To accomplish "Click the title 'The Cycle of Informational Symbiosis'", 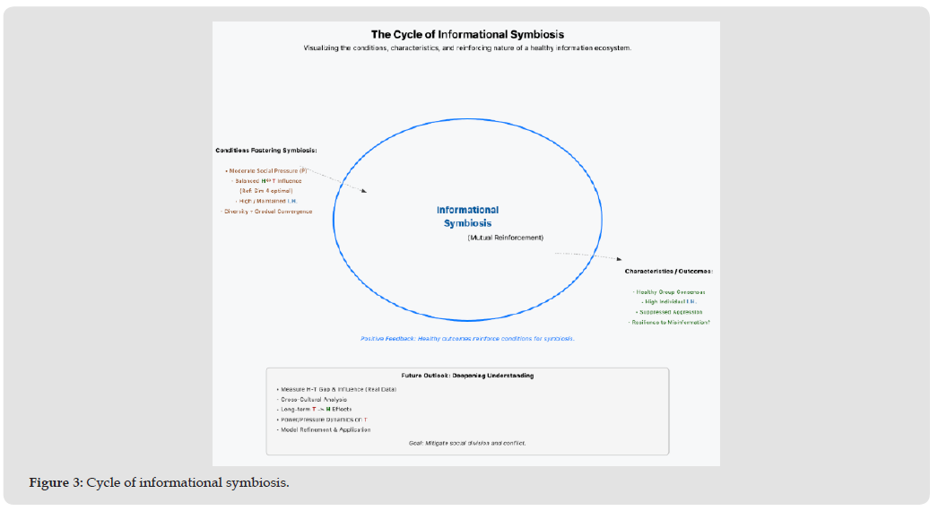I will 467,35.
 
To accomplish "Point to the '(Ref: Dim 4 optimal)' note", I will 265,191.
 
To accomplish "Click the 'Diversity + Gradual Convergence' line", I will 266,212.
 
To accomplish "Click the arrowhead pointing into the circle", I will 364,190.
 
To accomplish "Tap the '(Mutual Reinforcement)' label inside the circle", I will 505,238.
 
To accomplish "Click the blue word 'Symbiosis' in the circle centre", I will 467,223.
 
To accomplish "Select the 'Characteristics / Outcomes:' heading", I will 668,271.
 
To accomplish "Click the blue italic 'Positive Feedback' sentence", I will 467,339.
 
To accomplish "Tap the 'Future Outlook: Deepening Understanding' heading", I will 467,376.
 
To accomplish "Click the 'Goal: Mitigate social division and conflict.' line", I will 467,443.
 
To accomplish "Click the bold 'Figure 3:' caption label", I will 56,483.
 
